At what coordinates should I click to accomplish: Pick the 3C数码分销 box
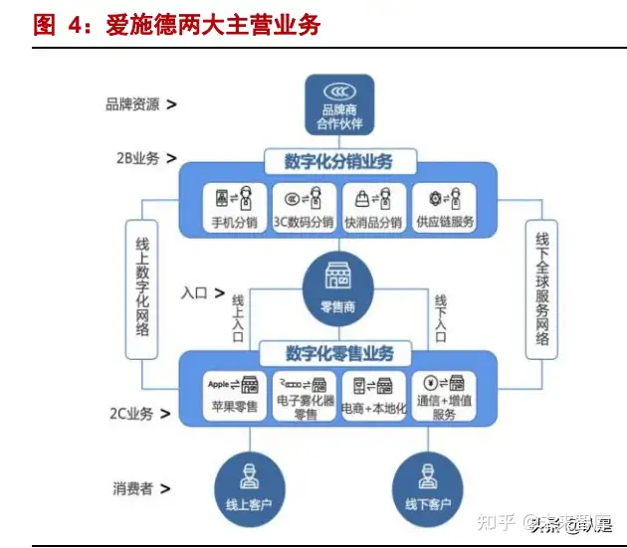[x=304, y=207]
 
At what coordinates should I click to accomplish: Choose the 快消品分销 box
[x=373, y=207]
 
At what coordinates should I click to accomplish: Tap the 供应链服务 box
[x=443, y=207]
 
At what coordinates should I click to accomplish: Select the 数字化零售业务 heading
[x=338, y=353]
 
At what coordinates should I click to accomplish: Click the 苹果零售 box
[x=234, y=395]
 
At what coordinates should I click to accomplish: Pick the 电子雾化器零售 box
[x=305, y=396]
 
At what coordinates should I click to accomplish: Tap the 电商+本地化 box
[x=374, y=395]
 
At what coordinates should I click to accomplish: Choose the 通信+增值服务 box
[x=445, y=397]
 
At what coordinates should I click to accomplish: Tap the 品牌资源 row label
[x=140, y=103]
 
